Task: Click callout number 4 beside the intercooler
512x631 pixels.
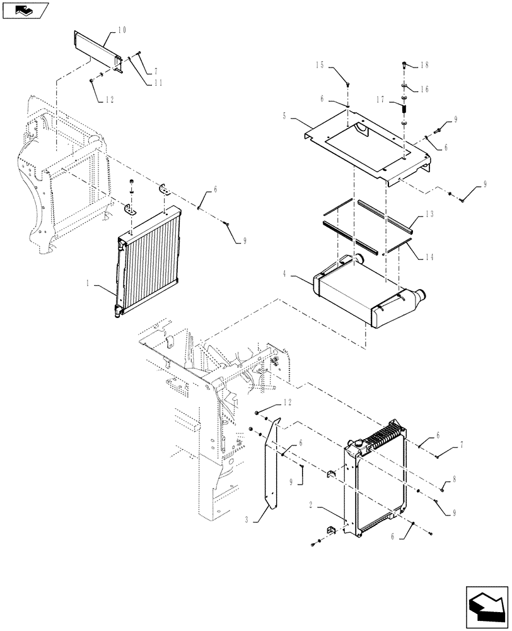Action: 284,116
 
